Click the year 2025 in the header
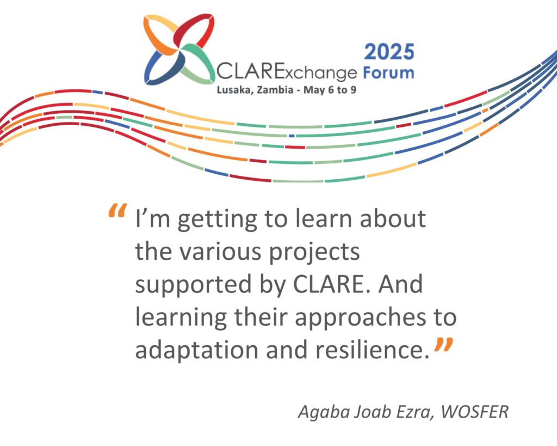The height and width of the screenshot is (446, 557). (x=389, y=52)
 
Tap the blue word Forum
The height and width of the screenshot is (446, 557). (x=388, y=72)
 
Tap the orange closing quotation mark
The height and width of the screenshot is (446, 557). (x=443, y=345)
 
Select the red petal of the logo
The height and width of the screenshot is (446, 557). (x=194, y=30)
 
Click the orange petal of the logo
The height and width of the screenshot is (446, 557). (x=160, y=34)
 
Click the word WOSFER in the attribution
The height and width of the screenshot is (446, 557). (x=474, y=412)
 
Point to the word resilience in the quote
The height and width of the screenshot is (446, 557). (x=373, y=349)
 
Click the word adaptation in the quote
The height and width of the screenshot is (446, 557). (x=197, y=349)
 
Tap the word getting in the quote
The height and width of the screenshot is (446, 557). (x=217, y=220)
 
